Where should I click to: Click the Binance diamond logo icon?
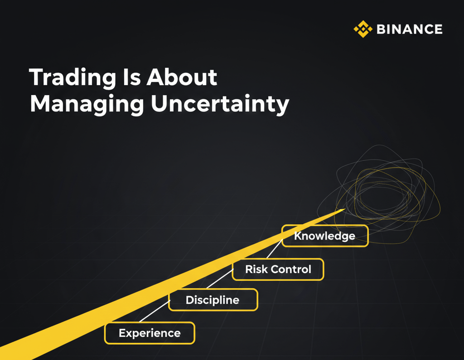click(x=363, y=29)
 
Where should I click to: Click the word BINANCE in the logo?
click(x=410, y=29)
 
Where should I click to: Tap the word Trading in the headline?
click(x=72, y=78)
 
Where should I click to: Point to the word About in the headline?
click(x=182, y=77)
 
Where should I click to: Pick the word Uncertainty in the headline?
click(x=220, y=105)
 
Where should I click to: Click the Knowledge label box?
click(x=325, y=236)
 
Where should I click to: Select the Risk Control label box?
click(x=278, y=269)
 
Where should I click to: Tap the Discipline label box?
click(x=213, y=300)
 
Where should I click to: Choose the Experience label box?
click(x=150, y=333)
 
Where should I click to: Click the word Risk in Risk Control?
click(x=256, y=269)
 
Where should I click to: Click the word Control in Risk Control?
click(x=291, y=269)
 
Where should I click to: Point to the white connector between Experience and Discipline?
click(x=155, y=311)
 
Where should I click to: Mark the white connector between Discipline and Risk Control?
click(x=220, y=278)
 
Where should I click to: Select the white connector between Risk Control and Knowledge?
click(x=275, y=249)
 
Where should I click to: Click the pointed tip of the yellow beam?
click(x=345, y=209)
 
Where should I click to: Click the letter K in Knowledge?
click(x=298, y=236)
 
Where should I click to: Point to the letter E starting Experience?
click(x=122, y=333)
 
